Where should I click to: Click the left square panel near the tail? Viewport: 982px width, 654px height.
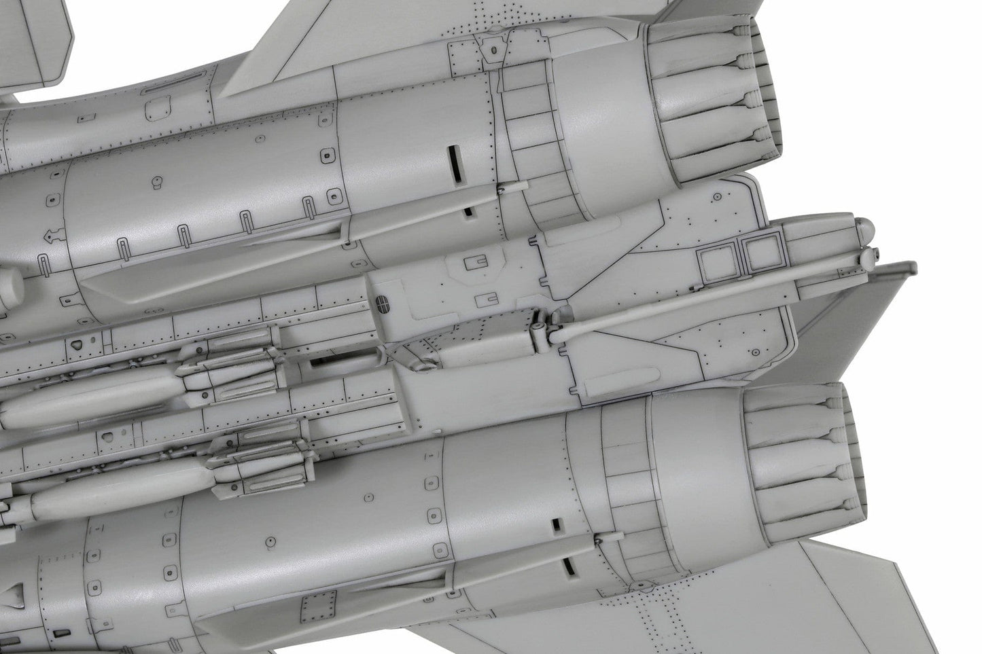(x=718, y=259)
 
